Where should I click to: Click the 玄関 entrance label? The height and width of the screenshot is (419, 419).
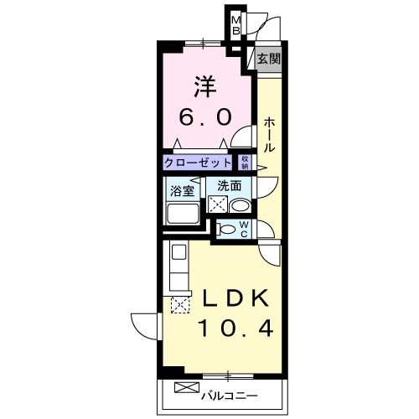pos(269,59)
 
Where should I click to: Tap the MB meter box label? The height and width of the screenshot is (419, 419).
pos(235,26)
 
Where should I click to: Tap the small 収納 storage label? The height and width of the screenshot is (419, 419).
pos(246,162)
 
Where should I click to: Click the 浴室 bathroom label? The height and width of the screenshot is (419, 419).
pos(182,189)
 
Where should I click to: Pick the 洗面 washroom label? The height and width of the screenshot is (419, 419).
pos(230,185)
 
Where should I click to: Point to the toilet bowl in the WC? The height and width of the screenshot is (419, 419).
pos(226,228)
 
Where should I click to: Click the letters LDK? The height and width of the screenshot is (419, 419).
pos(234,298)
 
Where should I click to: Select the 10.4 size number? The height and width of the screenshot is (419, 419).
pos(234,328)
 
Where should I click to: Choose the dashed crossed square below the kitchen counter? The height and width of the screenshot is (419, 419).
pos(179,306)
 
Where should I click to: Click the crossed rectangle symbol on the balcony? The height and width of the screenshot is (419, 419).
pos(188,387)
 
